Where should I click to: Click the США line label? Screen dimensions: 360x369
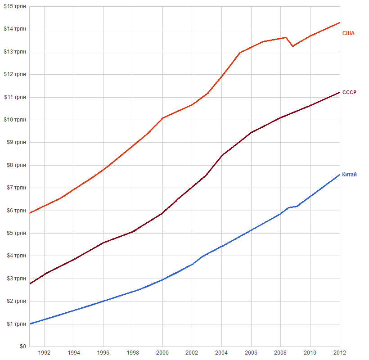pos(348,33)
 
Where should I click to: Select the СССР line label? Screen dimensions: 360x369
pos(349,93)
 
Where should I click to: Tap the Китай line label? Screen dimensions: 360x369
pos(349,175)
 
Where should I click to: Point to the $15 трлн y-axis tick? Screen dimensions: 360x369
pos(15,6)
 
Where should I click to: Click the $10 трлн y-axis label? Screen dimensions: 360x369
pos(15,120)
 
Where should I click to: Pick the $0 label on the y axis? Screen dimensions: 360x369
pos(22,346)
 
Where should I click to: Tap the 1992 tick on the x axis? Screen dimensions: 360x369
pos(44,353)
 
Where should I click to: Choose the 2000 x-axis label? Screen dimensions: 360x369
pos(162,353)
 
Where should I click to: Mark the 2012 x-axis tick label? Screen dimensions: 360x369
pos(340,353)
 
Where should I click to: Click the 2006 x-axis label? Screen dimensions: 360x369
pos(251,353)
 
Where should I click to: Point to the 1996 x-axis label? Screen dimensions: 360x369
pos(103,353)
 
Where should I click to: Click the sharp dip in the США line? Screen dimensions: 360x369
pos(292,46)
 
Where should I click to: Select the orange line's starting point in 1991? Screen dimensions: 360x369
pos(30,213)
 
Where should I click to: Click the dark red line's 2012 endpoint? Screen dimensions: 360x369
pos(339,92)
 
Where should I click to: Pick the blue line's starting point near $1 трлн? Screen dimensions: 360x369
pos(30,324)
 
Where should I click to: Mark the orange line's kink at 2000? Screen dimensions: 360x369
pos(162,118)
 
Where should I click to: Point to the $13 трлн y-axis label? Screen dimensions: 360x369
pos(15,52)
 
